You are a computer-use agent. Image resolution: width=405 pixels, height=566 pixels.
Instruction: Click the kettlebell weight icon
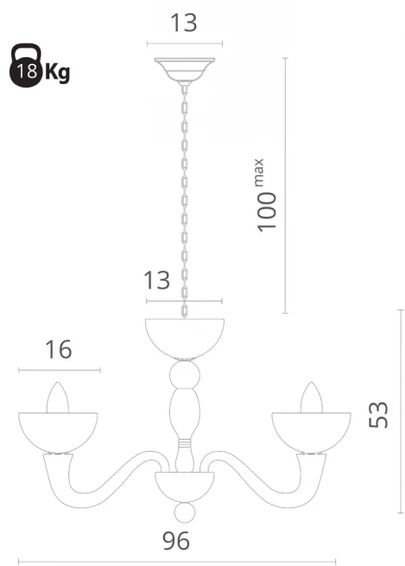pyautogui.click(x=25, y=66)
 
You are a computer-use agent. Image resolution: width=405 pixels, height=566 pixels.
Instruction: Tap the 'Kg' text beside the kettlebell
pyautogui.click(x=57, y=73)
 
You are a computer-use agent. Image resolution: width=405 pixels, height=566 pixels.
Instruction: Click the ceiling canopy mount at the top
pyautogui.click(x=184, y=70)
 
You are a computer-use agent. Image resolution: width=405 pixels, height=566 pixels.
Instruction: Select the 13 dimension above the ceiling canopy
pyautogui.click(x=184, y=22)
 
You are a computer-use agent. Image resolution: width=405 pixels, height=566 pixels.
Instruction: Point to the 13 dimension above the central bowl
pyautogui.click(x=157, y=281)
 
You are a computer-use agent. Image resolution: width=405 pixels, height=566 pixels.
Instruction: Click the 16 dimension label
pyautogui.click(x=59, y=349)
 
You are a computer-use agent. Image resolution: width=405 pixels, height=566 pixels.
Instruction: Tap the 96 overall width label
pyautogui.click(x=176, y=541)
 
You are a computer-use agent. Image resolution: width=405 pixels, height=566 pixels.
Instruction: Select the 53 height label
pyautogui.click(x=378, y=415)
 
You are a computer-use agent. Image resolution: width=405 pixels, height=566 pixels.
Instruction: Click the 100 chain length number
pyautogui.click(x=267, y=212)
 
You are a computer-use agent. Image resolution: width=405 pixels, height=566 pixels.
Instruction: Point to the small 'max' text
pyautogui.click(x=260, y=173)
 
